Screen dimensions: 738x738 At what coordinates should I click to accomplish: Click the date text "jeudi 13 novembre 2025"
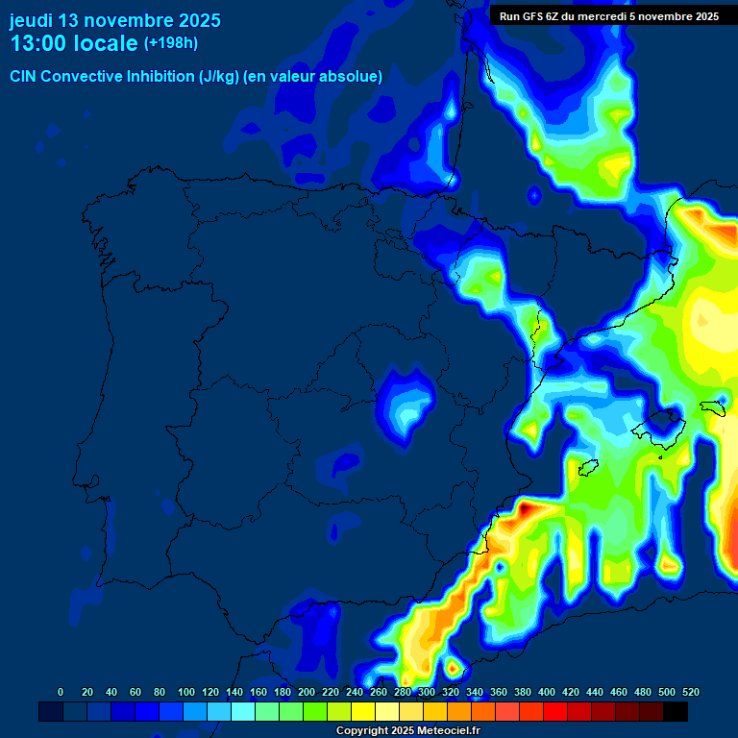point(114,20)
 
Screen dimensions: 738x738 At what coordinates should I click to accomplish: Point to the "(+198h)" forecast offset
point(170,43)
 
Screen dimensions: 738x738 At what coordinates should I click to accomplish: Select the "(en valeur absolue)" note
point(313,77)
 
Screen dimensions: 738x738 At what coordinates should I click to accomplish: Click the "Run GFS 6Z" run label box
point(609,16)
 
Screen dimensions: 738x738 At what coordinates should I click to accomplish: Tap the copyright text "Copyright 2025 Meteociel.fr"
point(407,731)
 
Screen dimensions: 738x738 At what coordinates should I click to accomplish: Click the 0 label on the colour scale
point(61,692)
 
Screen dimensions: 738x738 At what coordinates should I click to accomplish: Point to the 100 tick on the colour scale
point(186,692)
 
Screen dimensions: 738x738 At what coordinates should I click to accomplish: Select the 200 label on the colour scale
point(307,692)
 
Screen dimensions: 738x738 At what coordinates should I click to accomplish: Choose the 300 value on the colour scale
point(427,692)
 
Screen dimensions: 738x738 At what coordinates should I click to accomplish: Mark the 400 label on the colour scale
point(547,692)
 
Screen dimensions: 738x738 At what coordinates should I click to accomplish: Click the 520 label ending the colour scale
point(690,692)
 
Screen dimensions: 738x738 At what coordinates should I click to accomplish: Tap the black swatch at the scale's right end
point(676,711)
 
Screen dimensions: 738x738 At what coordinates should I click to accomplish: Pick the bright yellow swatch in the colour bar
point(363,711)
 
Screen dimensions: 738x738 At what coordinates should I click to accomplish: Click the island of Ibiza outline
point(589,468)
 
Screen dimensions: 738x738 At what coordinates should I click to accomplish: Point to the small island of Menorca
point(712,406)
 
